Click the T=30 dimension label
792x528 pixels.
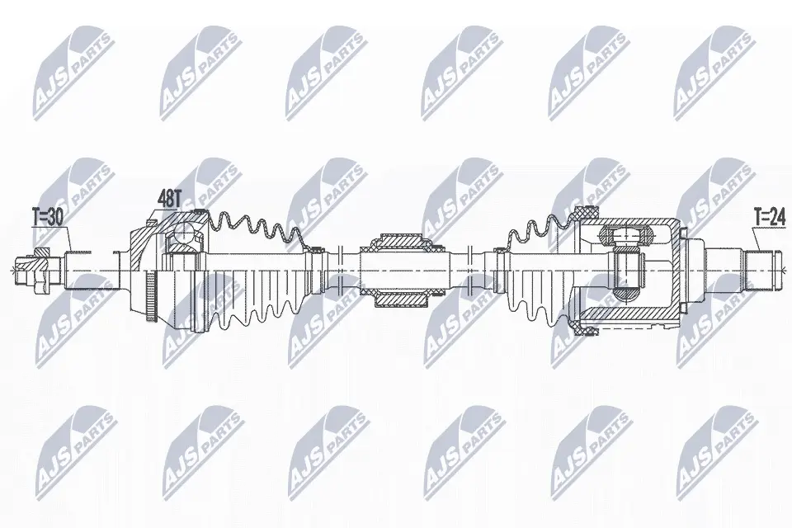(x=48, y=219)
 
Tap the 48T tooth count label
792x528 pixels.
(x=168, y=199)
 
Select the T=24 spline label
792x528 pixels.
(x=770, y=218)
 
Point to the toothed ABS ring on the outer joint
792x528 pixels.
(x=150, y=296)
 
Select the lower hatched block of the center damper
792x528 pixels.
(x=401, y=299)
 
